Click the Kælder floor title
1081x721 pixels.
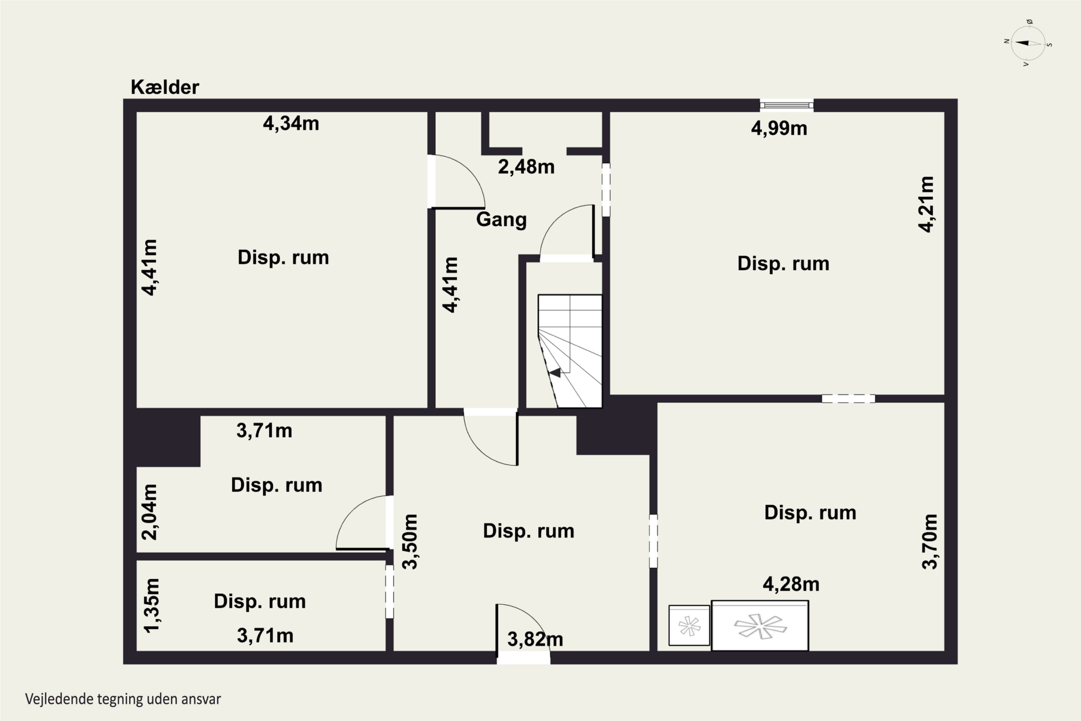165,87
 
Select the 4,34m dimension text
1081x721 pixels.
291,123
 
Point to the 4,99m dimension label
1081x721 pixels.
779,128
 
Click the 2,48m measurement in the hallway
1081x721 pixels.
526,167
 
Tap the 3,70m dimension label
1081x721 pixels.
929,542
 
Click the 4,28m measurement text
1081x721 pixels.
791,584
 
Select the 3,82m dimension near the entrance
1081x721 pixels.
535,639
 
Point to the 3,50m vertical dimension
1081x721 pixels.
409,542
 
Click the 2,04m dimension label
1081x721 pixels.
150,512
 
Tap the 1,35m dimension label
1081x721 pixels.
151,606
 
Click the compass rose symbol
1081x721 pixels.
1028,43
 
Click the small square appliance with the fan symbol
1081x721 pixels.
689,625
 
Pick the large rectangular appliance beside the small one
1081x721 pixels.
760,625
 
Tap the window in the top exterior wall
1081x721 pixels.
786,105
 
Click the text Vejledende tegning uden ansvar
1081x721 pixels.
123,699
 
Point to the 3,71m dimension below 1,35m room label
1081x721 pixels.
265,636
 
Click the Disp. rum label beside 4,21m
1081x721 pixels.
783,264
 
